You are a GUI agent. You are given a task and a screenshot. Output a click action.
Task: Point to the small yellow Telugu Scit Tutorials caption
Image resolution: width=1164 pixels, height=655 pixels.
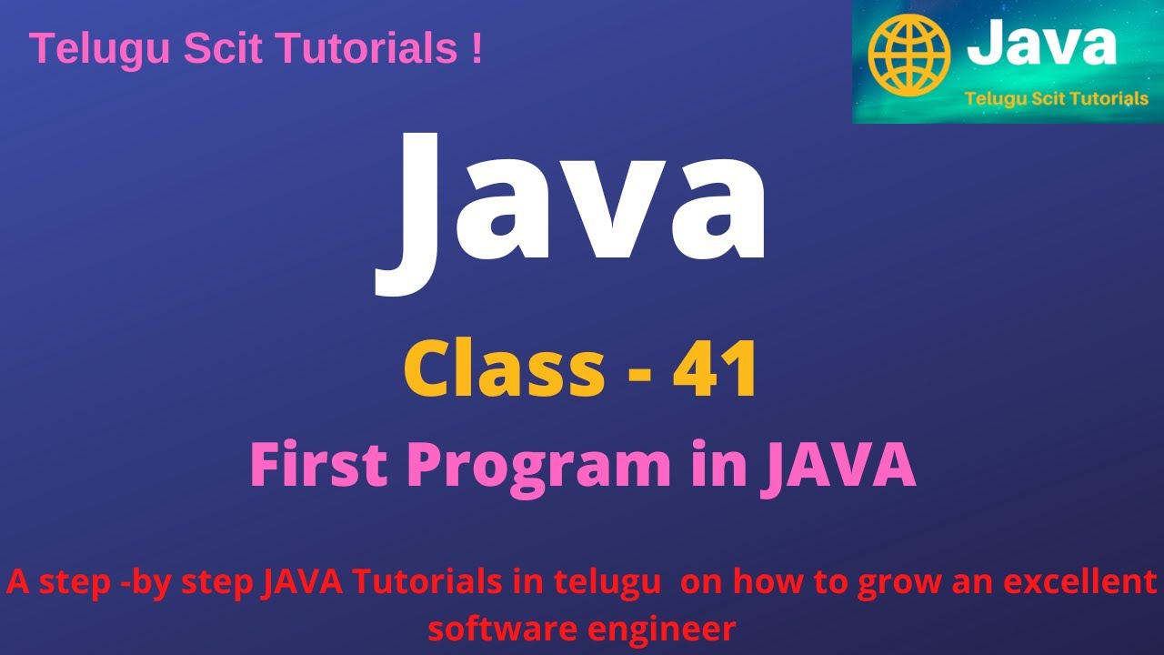(1057, 98)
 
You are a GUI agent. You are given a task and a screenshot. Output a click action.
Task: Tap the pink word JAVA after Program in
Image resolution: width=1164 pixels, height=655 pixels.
(842, 466)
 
